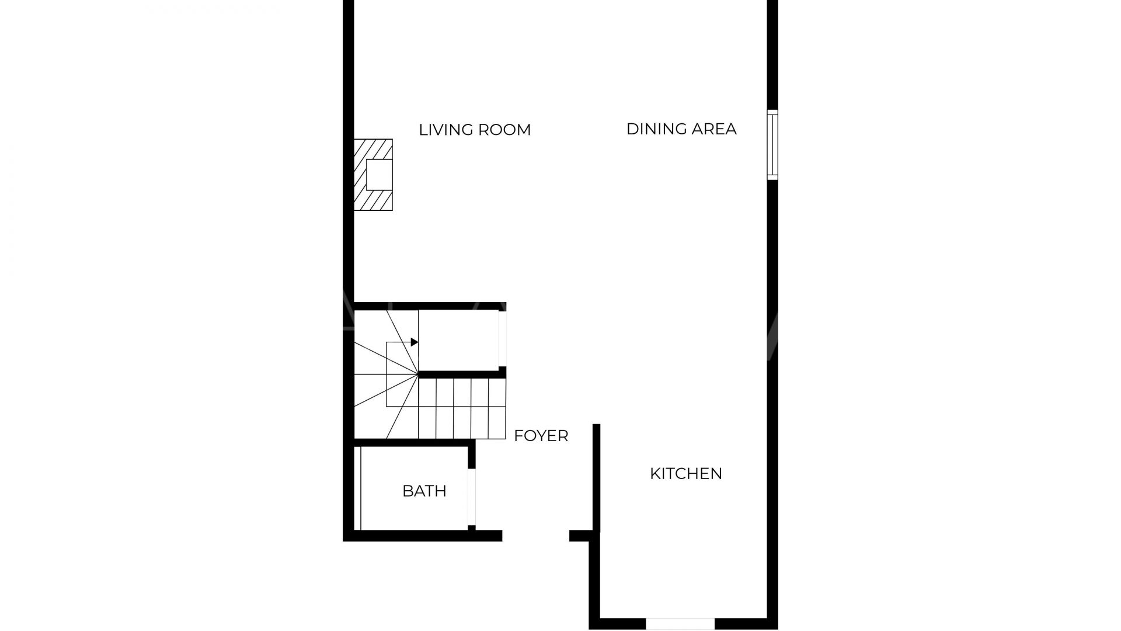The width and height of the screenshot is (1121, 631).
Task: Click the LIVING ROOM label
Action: pyautogui.click(x=475, y=130)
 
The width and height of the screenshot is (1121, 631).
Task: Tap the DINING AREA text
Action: pyautogui.click(x=681, y=129)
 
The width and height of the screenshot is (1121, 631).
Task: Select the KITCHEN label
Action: pyautogui.click(x=686, y=473)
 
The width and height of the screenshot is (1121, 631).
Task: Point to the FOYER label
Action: pyautogui.click(x=541, y=436)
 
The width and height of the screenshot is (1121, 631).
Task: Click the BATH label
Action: pyautogui.click(x=424, y=491)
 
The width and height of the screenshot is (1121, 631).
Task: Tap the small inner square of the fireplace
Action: pyautogui.click(x=379, y=174)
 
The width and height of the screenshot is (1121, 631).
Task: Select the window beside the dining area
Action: pyautogui.click(x=772, y=145)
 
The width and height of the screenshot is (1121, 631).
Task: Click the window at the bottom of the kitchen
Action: pyautogui.click(x=680, y=624)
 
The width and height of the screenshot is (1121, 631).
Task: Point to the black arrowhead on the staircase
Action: pyautogui.click(x=415, y=342)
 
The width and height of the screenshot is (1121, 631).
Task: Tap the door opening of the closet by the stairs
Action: pyautogui.click(x=502, y=339)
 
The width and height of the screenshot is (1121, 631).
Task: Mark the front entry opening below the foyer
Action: pyautogui.click(x=535, y=536)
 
